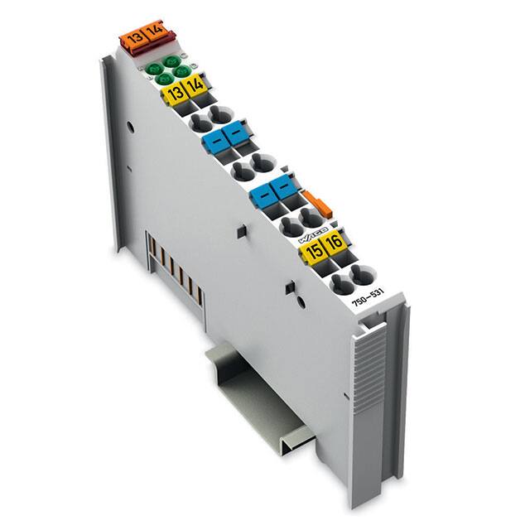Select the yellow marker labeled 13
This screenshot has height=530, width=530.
175,93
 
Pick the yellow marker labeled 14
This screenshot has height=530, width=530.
195,87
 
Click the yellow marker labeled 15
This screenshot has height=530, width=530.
315,252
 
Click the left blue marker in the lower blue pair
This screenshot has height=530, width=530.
265,195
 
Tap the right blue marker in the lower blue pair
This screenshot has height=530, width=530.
286,188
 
